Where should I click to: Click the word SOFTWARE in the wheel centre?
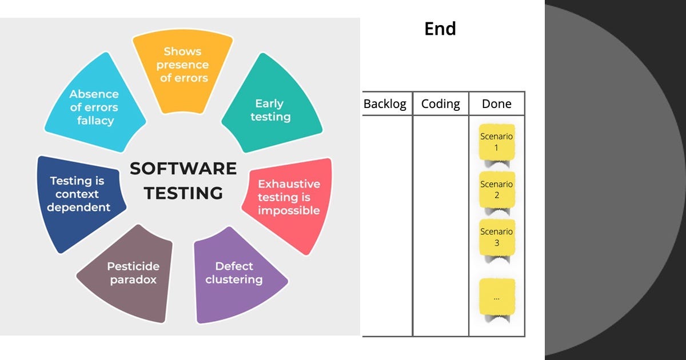183,169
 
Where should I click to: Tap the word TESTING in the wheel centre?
183,193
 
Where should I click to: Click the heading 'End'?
440,29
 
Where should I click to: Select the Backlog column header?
385,104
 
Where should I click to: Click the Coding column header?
440,104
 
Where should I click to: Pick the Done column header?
496,104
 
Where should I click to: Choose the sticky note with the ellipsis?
497,298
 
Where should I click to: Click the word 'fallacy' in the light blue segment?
95,121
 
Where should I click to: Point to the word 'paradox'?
133,279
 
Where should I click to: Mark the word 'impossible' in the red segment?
289,211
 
